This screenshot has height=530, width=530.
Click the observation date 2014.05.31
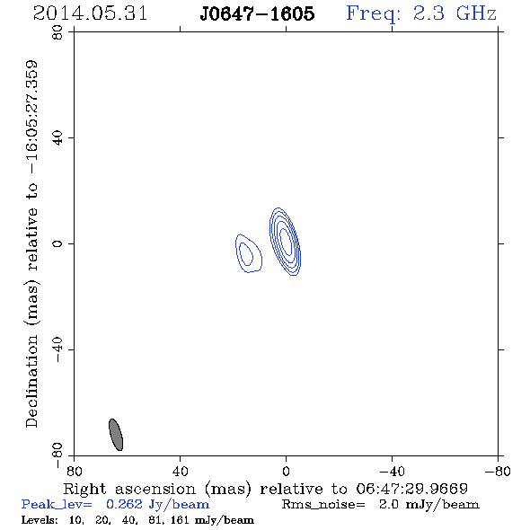coord(90,13)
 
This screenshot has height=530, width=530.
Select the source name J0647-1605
coord(257,13)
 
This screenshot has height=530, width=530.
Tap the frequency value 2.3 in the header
coord(428,13)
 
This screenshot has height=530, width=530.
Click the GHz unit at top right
coord(476,13)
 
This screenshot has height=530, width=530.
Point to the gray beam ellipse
coord(116,435)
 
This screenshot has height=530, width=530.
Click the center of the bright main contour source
coord(286,242)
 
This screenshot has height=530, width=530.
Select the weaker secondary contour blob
coord(249,253)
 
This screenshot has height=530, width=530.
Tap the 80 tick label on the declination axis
coord(57,32)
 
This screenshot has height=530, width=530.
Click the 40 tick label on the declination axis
coord(57,138)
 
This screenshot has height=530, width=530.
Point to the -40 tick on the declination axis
coord(57,349)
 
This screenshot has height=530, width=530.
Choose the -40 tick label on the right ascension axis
coord(392,471)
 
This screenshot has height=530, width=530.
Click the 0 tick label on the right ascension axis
coord(286,471)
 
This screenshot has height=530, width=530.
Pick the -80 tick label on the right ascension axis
coord(498,471)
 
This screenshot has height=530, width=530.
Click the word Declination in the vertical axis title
coord(31,381)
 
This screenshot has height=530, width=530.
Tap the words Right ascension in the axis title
coord(129,489)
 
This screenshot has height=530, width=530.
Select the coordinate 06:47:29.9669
coord(411,489)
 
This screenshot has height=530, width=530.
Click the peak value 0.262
coord(124,504)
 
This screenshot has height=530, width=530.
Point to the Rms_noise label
coord(323,505)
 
